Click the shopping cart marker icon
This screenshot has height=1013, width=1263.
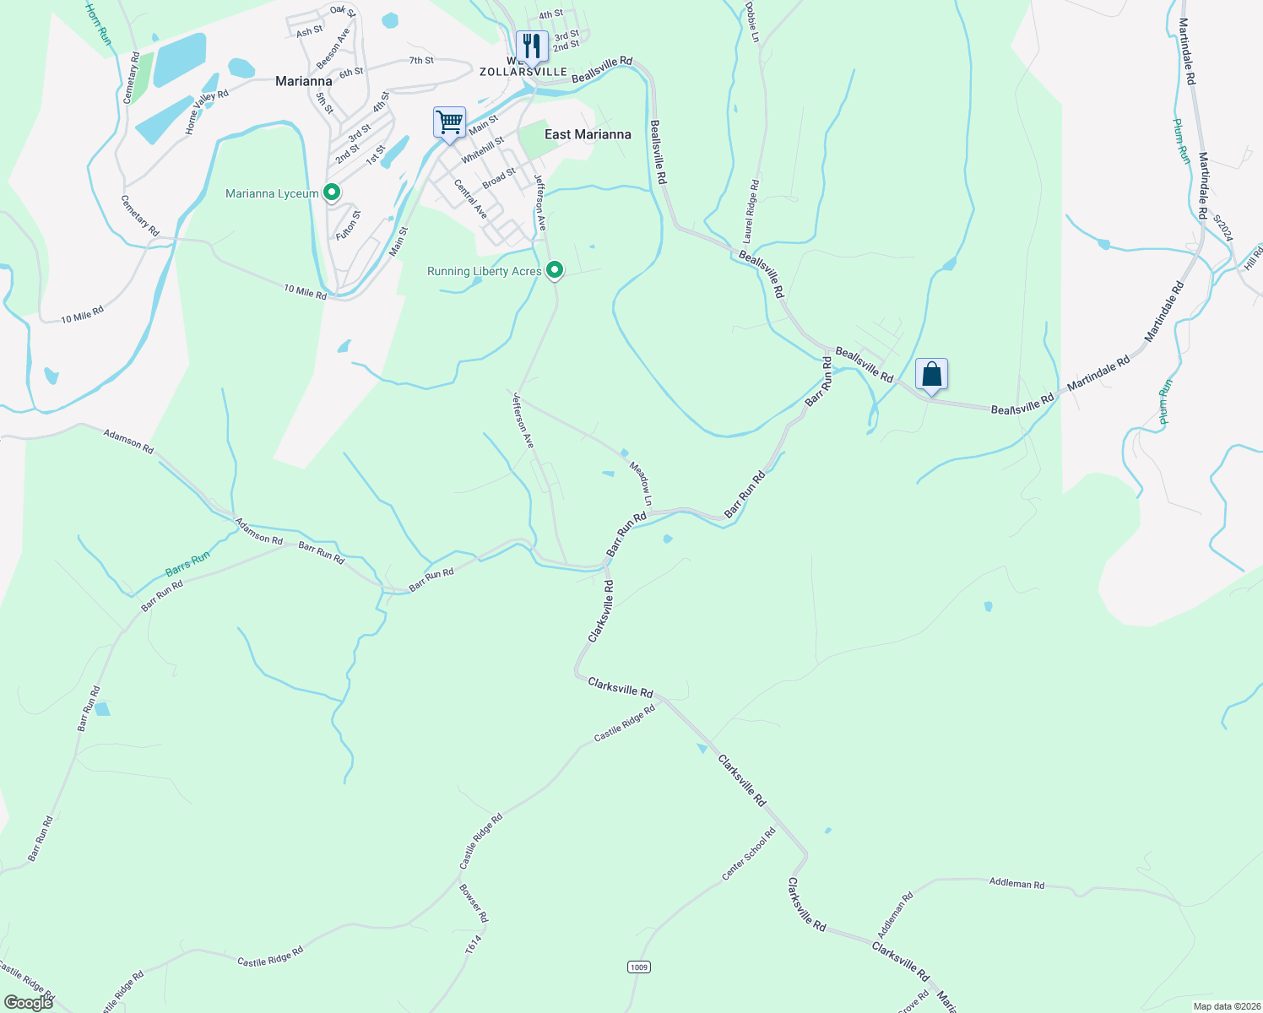point(449,122)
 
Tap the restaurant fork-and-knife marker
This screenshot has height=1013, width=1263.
point(531,45)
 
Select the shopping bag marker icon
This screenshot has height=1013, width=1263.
point(931,373)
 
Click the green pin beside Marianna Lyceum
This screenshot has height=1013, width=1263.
point(332,193)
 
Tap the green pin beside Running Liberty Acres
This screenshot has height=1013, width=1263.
point(555,270)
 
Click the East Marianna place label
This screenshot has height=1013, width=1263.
point(588,134)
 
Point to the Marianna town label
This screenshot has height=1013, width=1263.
point(304,81)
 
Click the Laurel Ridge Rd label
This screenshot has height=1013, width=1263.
point(751,211)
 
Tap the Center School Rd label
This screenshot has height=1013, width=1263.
point(749,853)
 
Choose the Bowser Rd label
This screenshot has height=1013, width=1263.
point(474,903)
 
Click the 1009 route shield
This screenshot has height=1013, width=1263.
point(639,967)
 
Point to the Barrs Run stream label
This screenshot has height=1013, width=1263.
point(187,563)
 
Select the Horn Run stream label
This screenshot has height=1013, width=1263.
point(98,24)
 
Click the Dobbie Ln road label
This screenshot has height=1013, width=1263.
point(751,20)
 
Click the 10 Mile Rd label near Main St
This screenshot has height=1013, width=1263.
point(305,292)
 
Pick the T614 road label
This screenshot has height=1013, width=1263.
point(473,945)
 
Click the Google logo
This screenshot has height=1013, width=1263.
point(28,1002)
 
